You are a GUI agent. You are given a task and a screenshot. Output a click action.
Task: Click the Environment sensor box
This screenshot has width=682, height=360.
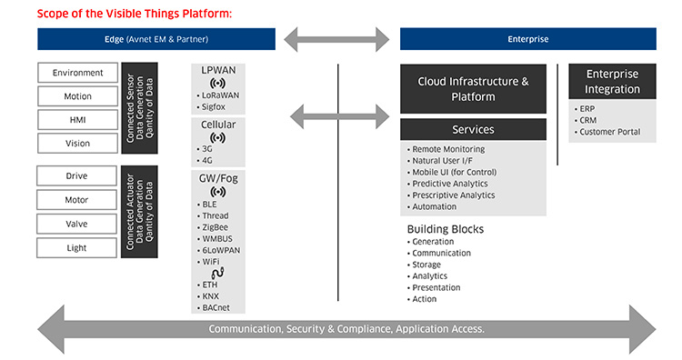(77, 73)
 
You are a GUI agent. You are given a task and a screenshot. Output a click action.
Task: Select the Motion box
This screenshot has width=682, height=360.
(77, 96)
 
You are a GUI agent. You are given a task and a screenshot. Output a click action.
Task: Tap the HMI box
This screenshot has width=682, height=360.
(77, 120)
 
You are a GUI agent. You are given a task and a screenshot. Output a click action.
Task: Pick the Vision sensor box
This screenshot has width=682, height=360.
(77, 144)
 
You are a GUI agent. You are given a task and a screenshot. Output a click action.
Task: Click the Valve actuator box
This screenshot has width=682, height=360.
(77, 224)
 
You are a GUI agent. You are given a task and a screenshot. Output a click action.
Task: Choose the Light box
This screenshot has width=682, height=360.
(77, 247)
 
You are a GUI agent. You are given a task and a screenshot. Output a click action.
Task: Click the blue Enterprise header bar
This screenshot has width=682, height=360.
(527, 39)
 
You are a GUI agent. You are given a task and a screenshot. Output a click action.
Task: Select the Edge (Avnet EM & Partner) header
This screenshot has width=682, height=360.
(156, 39)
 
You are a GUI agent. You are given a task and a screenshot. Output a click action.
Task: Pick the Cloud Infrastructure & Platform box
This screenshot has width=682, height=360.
(473, 88)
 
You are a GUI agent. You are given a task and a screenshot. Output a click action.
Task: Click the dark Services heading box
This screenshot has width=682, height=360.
(473, 130)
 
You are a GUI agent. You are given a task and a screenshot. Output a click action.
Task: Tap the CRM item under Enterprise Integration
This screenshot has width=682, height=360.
(587, 120)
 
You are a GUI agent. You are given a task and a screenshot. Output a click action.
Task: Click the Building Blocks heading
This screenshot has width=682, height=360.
(445, 229)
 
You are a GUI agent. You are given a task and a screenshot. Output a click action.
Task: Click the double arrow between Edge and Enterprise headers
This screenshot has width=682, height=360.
(338, 39)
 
